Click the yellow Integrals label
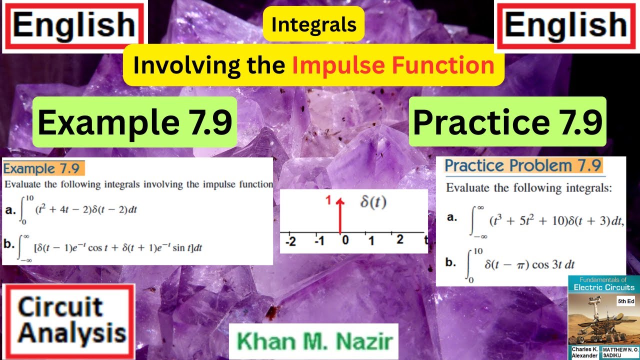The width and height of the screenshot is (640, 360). pyautogui.click(x=313, y=24)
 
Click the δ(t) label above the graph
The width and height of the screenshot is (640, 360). pyautogui.click(x=373, y=203)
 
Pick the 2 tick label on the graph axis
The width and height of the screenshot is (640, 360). pyautogui.click(x=399, y=240)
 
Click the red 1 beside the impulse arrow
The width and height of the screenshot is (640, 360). pyautogui.click(x=329, y=200)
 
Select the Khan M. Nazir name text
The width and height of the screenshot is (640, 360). pyautogui.click(x=314, y=341)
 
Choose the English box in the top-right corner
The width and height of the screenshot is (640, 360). pyautogui.click(x=566, y=25)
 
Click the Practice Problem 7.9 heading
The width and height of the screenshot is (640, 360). pyautogui.click(x=523, y=166)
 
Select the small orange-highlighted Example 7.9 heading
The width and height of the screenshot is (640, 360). pyautogui.click(x=43, y=168)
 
